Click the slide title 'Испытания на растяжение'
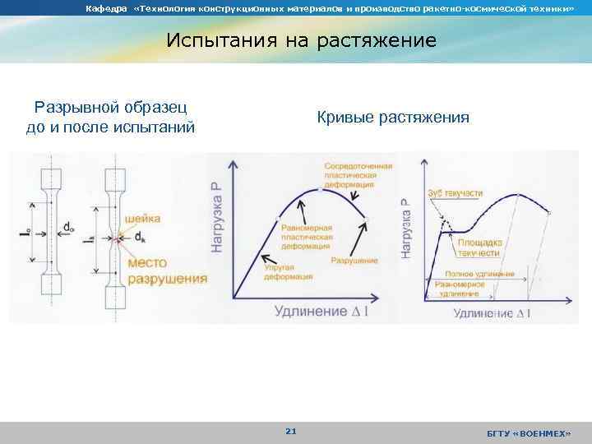click(x=301, y=40)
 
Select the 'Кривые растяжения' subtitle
click(x=393, y=118)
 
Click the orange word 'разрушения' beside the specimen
click(x=168, y=278)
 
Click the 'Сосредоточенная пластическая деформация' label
click(x=358, y=176)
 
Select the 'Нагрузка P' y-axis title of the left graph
click(x=217, y=217)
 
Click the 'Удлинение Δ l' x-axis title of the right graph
click(x=492, y=313)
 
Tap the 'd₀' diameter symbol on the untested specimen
click(x=66, y=226)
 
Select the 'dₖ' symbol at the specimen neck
click(x=139, y=238)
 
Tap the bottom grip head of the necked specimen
click(x=114, y=293)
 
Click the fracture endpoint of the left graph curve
click(x=366, y=219)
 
